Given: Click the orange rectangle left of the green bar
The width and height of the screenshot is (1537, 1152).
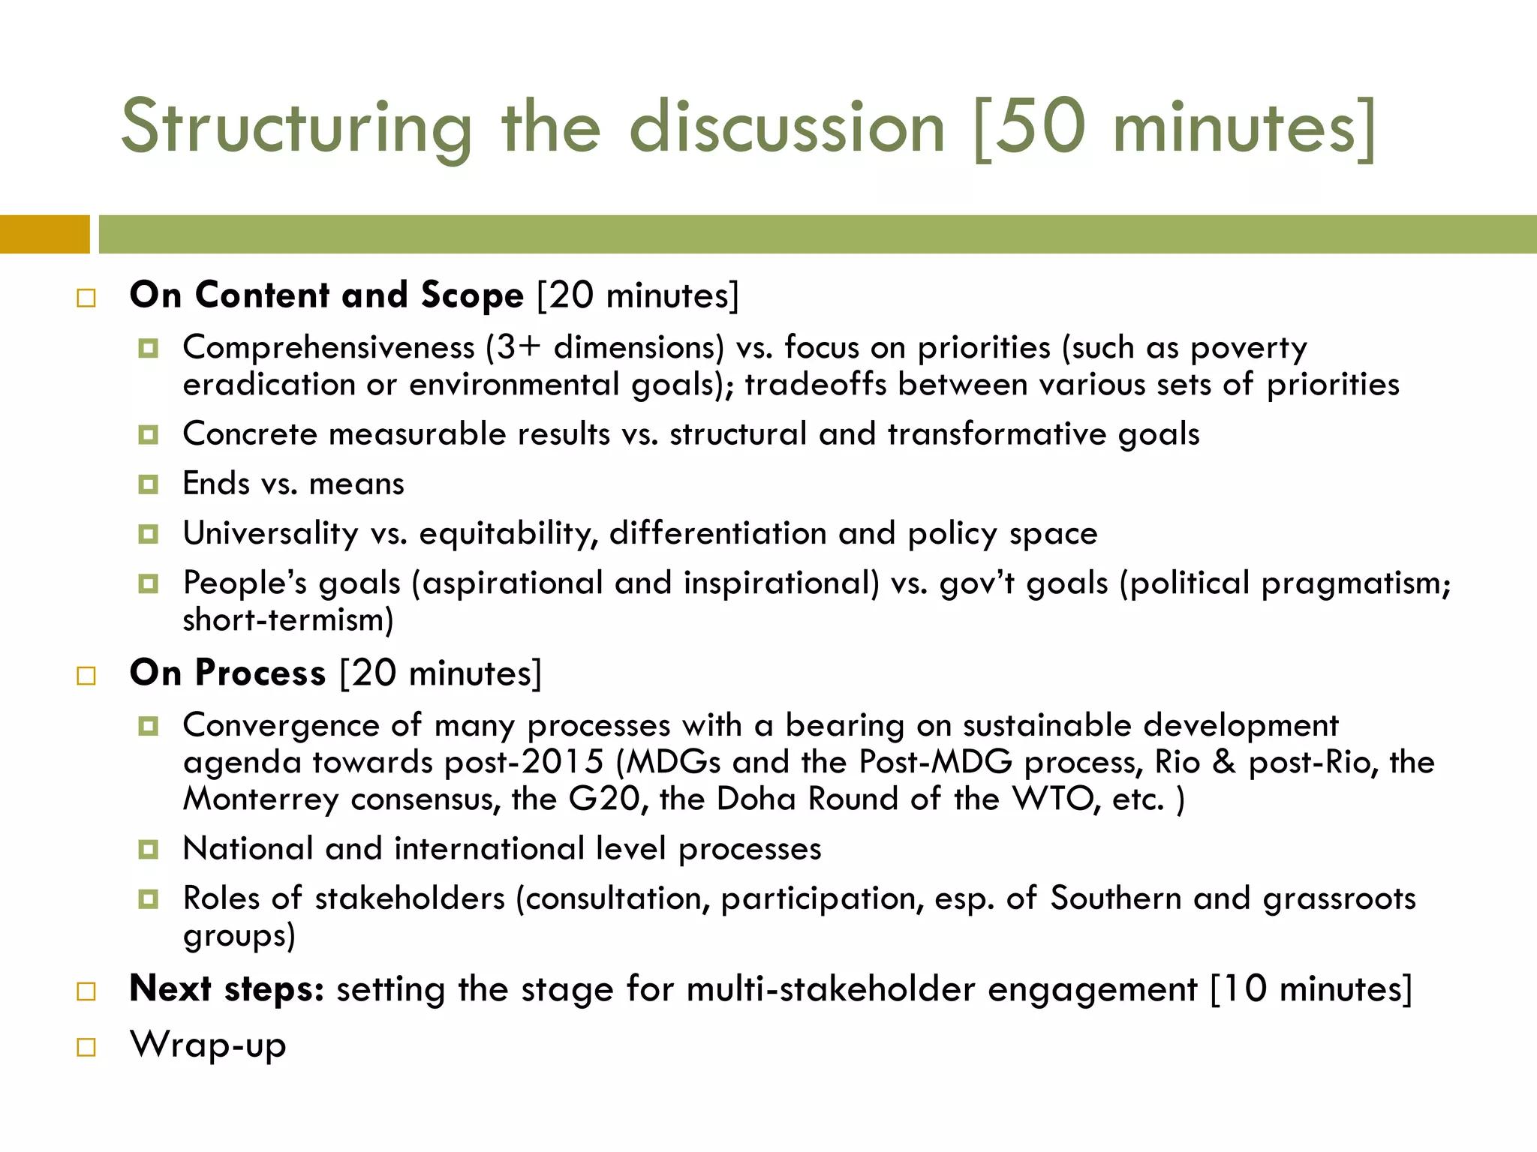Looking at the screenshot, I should tap(44, 234).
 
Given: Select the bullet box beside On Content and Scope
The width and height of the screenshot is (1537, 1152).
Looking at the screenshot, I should tap(86, 298).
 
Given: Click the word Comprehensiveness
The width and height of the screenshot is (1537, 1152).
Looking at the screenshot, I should tap(329, 348).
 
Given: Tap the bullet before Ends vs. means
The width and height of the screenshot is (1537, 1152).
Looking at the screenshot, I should tap(149, 484).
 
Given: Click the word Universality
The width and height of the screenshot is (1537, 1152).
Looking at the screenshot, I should tap(271, 534).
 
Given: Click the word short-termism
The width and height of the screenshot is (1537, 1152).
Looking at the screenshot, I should tap(287, 620).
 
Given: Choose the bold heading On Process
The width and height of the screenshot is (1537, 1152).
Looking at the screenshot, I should tap(227, 673).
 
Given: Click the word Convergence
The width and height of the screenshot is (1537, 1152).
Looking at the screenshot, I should tap(281, 725).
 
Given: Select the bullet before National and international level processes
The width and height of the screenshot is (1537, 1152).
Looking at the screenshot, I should tap(149, 850).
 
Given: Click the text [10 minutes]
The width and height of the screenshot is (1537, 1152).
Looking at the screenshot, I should tap(1311, 988).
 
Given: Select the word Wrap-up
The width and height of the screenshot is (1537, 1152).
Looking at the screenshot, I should tap(208, 1045).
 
